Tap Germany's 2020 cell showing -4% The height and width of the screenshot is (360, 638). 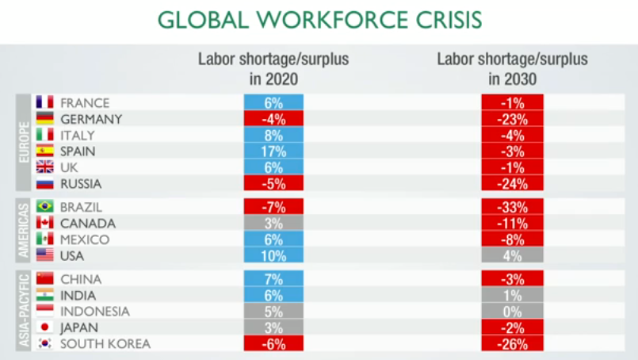(x=273, y=119)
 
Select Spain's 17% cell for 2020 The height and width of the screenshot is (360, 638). (x=273, y=151)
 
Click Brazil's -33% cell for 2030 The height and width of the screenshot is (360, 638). (x=512, y=207)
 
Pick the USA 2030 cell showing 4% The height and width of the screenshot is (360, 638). (x=512, y=255)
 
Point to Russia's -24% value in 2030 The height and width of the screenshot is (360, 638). (x=512, y=183)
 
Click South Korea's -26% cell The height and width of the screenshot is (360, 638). (x=512, y=343)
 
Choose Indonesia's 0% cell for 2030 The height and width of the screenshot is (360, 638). (x=512, y=311)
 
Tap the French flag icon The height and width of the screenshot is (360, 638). (x=44, y=102)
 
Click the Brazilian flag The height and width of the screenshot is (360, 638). (x=44, y=207)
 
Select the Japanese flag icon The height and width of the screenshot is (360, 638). (x=44, y=327)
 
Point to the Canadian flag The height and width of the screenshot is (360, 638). (x=44, y=223)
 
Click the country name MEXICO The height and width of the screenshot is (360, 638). (x=85, y=239)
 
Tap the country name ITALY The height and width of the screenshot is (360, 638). (x=77, y=135)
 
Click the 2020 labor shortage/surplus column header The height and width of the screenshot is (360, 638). (x=273, y=69)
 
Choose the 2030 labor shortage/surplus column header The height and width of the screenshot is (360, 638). (x=512, y=69)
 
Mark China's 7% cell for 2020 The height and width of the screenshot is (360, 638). (x=273, y=279)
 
